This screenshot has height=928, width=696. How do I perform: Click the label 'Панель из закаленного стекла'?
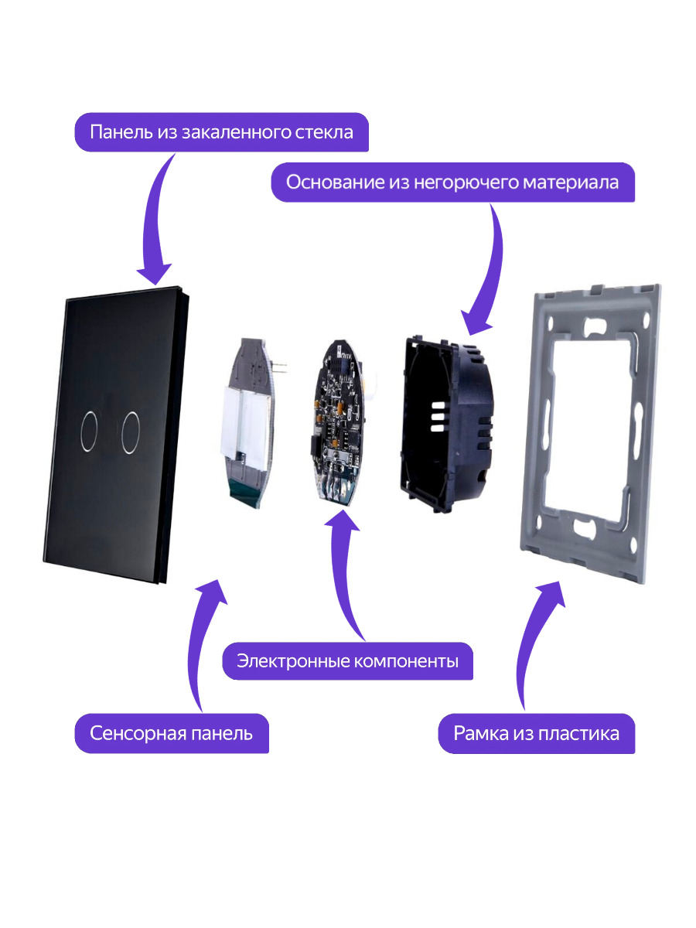[x=221, y=132]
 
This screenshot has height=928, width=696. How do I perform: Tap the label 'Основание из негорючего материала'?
[x=452, y=183]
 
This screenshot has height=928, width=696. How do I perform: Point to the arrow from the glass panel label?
[x=159, y=224]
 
